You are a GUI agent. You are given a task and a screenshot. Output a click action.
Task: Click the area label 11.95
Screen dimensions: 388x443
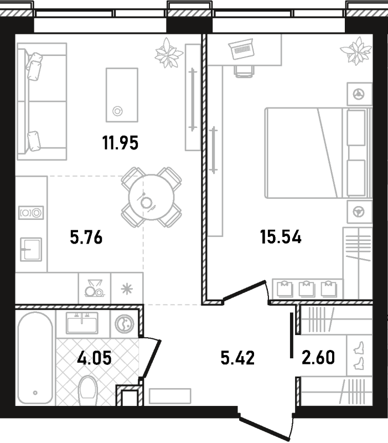click(120, 143)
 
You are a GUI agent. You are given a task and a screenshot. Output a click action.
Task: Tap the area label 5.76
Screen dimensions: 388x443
click(86, 237)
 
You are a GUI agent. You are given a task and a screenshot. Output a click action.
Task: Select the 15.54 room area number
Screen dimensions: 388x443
click(281, 237)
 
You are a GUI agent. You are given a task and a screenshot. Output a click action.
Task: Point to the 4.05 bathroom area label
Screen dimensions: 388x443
click(94, 357)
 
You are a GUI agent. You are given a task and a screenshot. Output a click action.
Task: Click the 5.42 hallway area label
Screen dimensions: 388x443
click(237, 357)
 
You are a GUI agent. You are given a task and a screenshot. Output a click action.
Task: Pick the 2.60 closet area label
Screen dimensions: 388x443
click(318, 357)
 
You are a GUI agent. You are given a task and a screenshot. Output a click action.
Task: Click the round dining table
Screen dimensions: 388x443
click(151, 197)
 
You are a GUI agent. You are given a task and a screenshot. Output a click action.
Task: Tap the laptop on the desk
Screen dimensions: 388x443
click(241, 49)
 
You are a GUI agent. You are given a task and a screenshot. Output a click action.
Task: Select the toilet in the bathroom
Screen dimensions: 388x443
click(87, 391)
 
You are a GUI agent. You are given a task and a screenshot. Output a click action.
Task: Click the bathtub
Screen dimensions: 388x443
click(35, 358)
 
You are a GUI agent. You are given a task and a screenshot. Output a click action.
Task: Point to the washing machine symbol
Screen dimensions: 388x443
click(124, 324)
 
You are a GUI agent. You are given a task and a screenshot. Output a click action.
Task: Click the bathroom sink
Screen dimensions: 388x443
click(82, 323)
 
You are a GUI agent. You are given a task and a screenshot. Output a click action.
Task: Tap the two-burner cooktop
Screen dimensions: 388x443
click(31, 213)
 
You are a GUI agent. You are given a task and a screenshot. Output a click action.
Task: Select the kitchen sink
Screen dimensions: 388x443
click(31, 250)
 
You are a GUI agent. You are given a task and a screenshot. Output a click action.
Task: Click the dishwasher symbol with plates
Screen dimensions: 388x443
click(94, 288)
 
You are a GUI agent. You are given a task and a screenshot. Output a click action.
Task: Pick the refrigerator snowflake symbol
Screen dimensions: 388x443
click(127, 289)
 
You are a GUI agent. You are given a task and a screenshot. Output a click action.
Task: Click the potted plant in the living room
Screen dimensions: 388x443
click(169, 53)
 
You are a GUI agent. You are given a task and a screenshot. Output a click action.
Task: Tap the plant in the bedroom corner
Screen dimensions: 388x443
click(356, 51)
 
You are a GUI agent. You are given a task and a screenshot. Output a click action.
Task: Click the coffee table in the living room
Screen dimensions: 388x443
click(122, 95)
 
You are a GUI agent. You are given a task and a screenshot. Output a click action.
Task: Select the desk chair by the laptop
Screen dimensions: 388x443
click(244, 71)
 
